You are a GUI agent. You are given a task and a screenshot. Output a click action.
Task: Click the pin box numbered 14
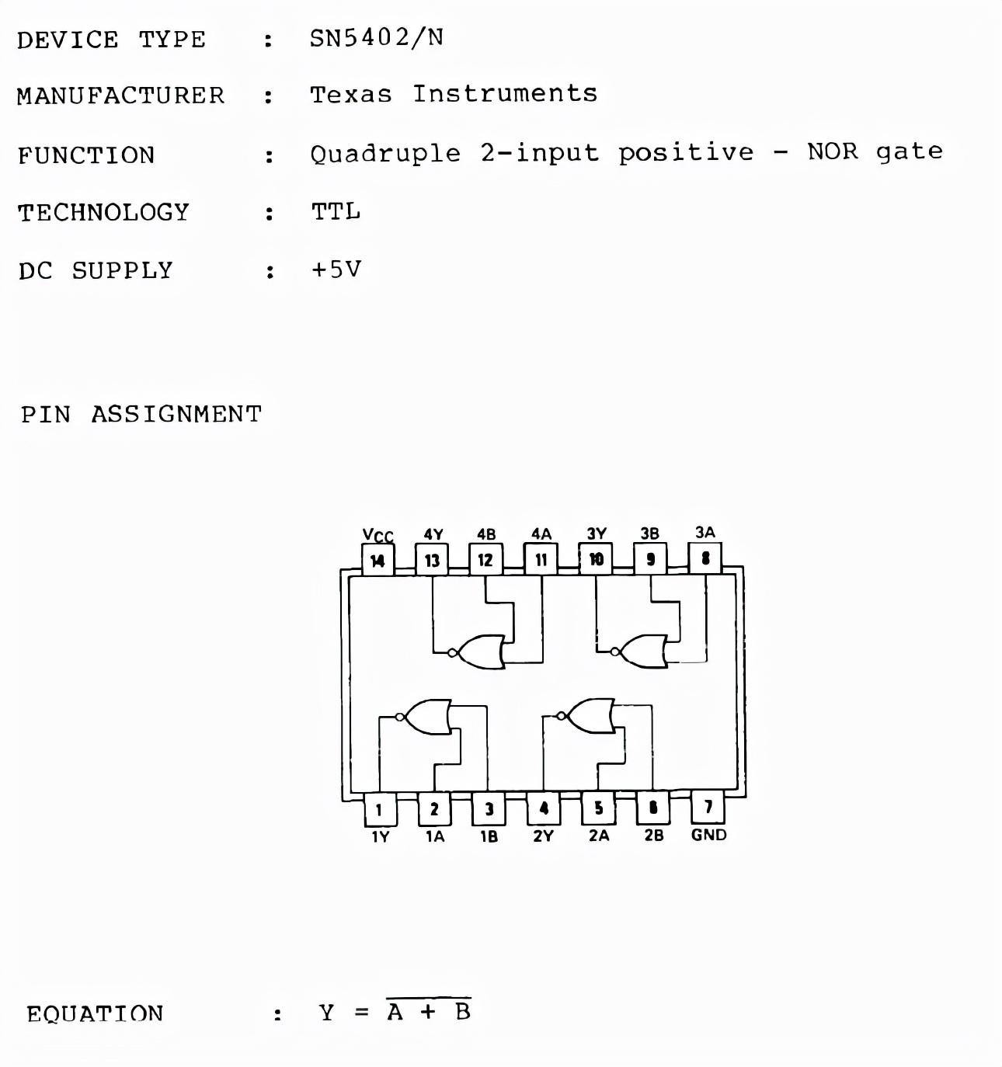tap(377, 560)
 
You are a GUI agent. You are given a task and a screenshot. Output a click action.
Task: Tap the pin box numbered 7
tap(708, 808)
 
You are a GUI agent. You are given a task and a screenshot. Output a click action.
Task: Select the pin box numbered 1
tap(379, 809)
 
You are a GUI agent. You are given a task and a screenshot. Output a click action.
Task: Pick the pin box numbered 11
tap(541, 559)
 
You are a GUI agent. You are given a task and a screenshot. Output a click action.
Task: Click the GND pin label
tap(708, 835)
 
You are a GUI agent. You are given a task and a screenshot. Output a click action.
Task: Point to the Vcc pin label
tap(377, 535)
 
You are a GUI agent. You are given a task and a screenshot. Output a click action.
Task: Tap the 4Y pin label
tap(433, 534)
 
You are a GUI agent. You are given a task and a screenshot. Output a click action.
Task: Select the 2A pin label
tap(599, 836)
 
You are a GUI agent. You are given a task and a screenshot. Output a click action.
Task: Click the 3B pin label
tap(649, 533)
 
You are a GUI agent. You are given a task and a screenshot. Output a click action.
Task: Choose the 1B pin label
tap(489, 836)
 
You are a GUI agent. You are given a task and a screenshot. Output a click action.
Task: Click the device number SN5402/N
tap(377, 37)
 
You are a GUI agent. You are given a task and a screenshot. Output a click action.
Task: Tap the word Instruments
tap(505, 94)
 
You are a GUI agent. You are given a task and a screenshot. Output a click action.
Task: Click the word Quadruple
tap(385, 153)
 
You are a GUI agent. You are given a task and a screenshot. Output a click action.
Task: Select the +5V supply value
tap(336, 269)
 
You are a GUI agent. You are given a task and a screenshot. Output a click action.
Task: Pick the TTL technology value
tap(336, 211)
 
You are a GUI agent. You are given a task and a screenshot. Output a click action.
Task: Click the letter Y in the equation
tap(326, 1013)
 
